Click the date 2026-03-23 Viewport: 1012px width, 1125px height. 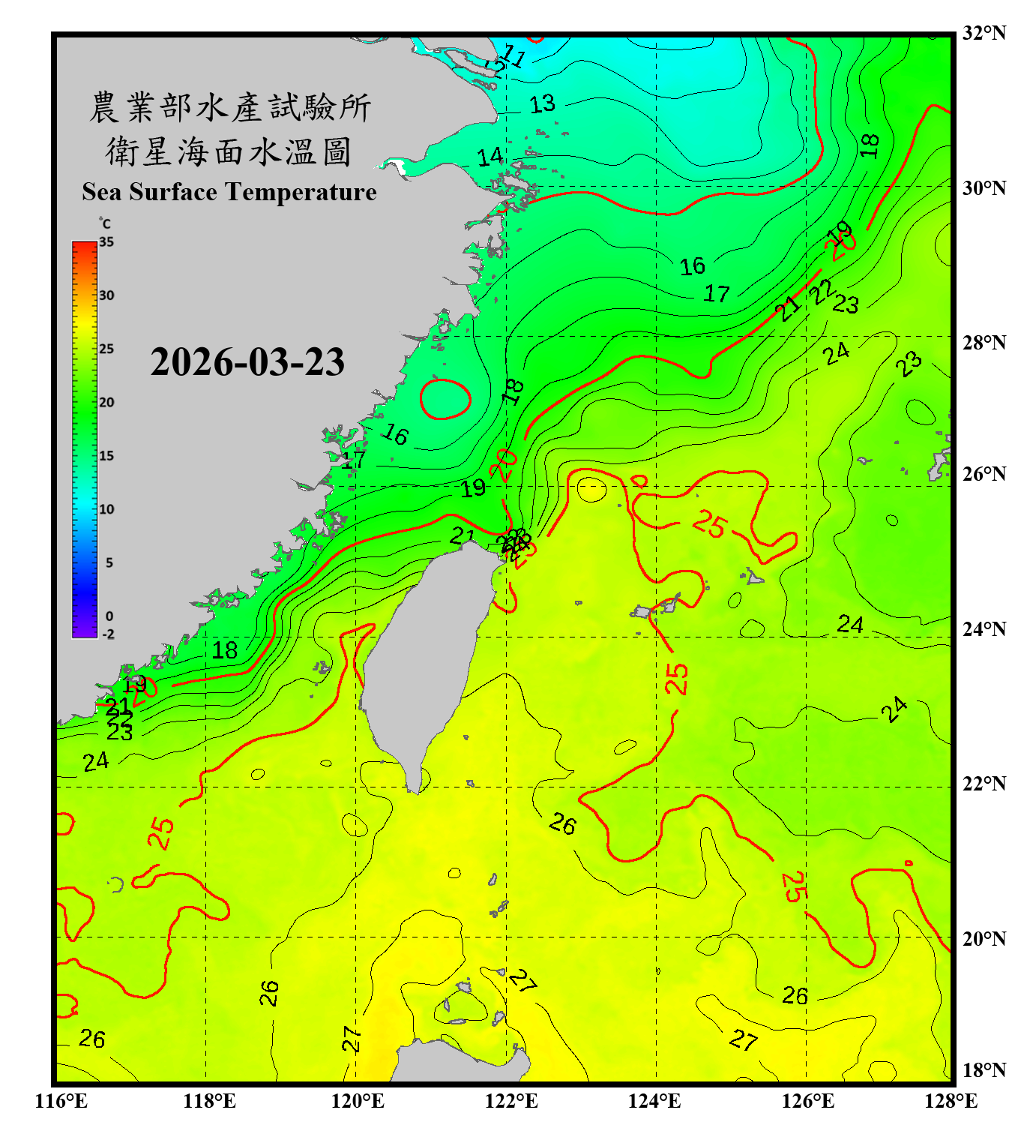(x=247, y=362)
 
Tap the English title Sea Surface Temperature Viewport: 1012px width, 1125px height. (x=229, y=192)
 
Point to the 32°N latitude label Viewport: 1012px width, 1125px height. (x=984, y=33)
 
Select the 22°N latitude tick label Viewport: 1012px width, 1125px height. (x=984, y=784)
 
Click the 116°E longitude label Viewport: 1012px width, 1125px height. (x=61, y=1101)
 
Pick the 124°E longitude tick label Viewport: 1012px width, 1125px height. (x=654, y=1101)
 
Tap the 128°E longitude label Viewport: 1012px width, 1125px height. (x=951, y=1101)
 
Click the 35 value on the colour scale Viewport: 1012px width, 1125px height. (x=106, y=241)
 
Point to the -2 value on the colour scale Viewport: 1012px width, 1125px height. (x=108, y=634)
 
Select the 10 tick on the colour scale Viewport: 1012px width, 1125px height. (x=106, y=509)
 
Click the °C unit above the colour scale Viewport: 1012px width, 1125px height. (x=105, y=223)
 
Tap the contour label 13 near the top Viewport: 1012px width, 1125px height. (x=542, y=104)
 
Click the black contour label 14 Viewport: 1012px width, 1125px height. (x=490, y=157)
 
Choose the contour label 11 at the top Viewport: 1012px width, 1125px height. (x=513, y=55)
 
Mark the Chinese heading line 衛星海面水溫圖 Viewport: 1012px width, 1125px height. (x=229, y=151)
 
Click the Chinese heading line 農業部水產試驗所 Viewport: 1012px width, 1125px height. (x=230, y=107)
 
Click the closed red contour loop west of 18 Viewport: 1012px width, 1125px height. (x=445, y=399)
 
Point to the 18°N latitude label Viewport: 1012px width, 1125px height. (x=984, y=1070)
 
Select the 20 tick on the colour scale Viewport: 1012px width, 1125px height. (x=106, y=402)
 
